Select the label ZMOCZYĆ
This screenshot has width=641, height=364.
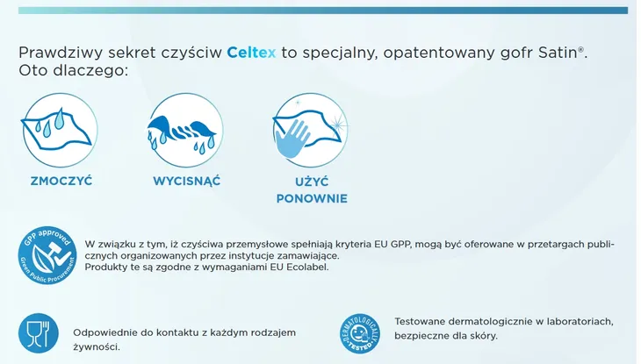61,181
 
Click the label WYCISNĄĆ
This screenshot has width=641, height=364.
186,181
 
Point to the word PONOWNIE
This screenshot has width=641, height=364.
312,198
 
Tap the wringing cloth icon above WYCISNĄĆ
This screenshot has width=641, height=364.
185,130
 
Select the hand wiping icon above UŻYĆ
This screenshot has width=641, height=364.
310,130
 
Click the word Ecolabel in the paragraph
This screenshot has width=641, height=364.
306,267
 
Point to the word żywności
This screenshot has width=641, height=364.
97,346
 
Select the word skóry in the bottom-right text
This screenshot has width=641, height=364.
483,335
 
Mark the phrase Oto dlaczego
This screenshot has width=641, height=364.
73,70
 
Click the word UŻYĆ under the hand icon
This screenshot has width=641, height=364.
311,181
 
